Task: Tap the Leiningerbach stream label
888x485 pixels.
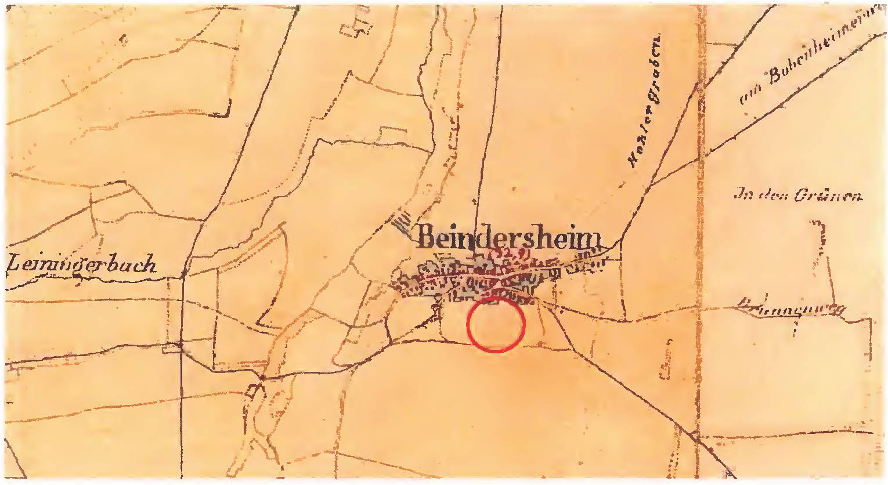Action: pos(82,264)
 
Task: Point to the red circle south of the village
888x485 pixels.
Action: pos(496,325)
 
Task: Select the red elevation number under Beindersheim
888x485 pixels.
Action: pos(508,253)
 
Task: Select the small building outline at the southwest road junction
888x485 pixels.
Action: pos(253,391)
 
